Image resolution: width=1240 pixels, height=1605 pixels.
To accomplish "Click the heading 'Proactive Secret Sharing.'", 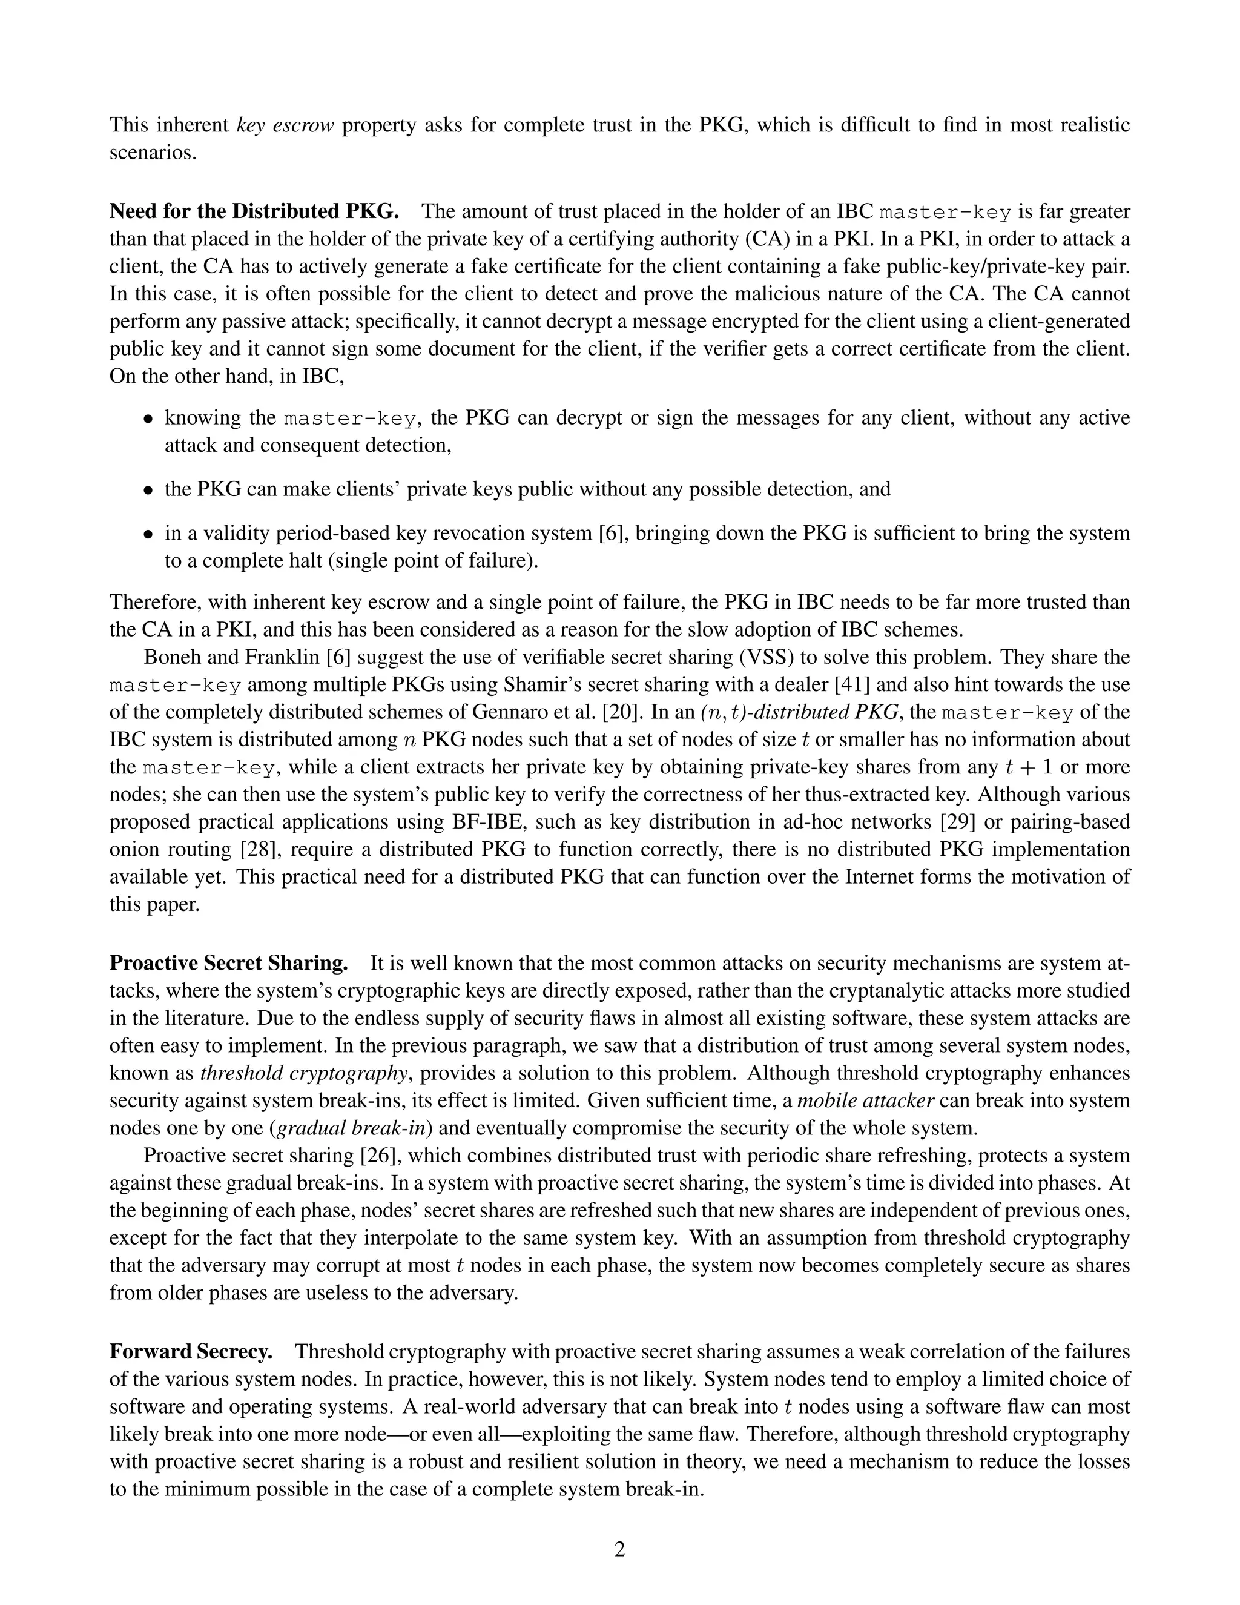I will pos(228,963).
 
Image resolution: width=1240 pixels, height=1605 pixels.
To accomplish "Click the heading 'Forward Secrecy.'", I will pos(191,1351).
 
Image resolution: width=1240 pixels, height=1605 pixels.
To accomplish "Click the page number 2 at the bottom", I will pos(619,1549).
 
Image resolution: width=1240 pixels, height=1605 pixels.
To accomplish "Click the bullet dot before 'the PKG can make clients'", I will pos(148,490).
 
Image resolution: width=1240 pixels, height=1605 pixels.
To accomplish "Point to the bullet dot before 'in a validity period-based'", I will pos(148,534).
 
